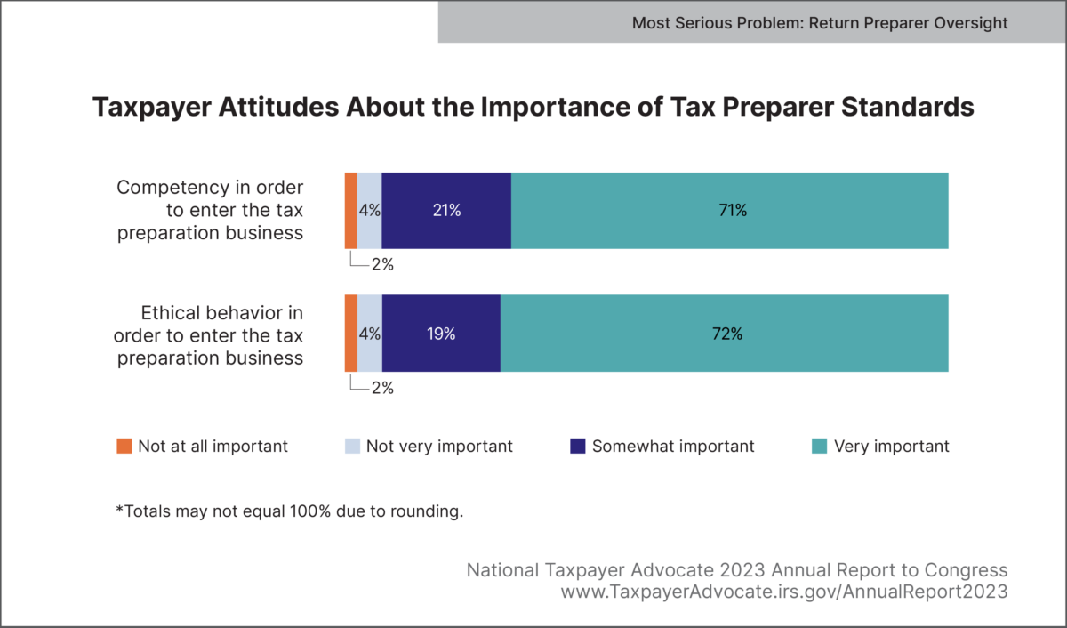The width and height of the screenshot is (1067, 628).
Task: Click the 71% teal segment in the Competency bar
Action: coord(729,211)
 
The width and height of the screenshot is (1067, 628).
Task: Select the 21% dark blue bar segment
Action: coord(446,211)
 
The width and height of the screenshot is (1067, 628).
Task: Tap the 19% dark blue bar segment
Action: coord(441,334)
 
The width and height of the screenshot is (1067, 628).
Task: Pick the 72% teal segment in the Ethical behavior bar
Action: coord(725,334)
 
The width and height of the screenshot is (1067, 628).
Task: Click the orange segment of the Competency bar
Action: coord(351,211)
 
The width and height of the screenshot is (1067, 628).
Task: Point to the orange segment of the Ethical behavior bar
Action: coord(351,334)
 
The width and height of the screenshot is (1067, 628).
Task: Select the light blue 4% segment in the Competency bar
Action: coord(370,211)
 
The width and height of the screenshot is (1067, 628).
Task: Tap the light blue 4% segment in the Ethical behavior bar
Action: coord(370,334)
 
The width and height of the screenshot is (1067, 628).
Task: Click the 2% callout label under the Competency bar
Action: coord(382,264)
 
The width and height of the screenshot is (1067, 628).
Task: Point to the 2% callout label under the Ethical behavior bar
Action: coord(382,388)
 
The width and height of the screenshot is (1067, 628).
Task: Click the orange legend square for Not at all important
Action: coord(124,446)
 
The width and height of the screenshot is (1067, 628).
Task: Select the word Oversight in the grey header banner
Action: coord(971,23)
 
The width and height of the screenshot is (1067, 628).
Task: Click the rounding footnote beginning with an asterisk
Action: coord(290,512)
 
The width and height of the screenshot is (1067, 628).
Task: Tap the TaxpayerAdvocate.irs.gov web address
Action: coord(784,591)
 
